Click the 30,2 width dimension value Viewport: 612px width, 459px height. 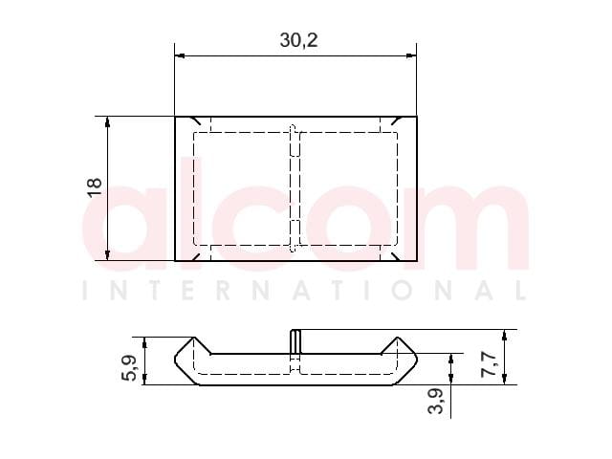[x=298, y=40]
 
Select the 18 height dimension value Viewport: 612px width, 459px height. [x=95, y=187]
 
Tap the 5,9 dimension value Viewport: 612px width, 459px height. [x=130, y=367]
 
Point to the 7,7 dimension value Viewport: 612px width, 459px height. [x=489, y=364]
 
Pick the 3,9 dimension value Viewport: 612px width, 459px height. [x=436, y=401]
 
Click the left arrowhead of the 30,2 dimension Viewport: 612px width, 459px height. [x=180, y=55]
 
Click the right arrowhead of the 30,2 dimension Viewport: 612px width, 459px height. [x=411, y=55]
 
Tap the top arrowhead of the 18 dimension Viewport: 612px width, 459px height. [x=108, y=121]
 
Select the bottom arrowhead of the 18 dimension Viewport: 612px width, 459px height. [x=108, y=255]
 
